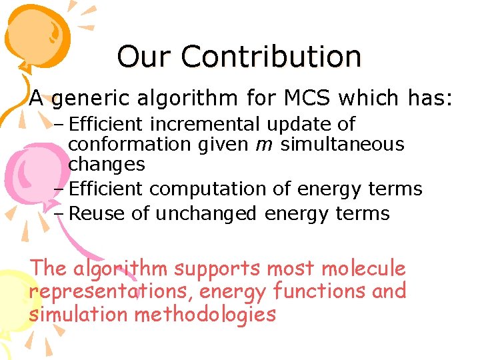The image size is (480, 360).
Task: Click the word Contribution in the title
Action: pyautogui.click(x=271, y=57)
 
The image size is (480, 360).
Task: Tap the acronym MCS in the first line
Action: pyautogui.click(x=309, y=99)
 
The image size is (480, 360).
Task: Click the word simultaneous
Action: pyautogui.click(x=343, y=144)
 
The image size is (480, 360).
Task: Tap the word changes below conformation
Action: pyautogui.click(x=107, y=163)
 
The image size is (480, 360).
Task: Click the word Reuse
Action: pyautogui.click(x=94, y=213)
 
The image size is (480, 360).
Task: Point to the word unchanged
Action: pyautogui.click(x=207, y=213)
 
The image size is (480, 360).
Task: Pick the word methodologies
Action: pyautogui.click(x=205, y=314)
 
